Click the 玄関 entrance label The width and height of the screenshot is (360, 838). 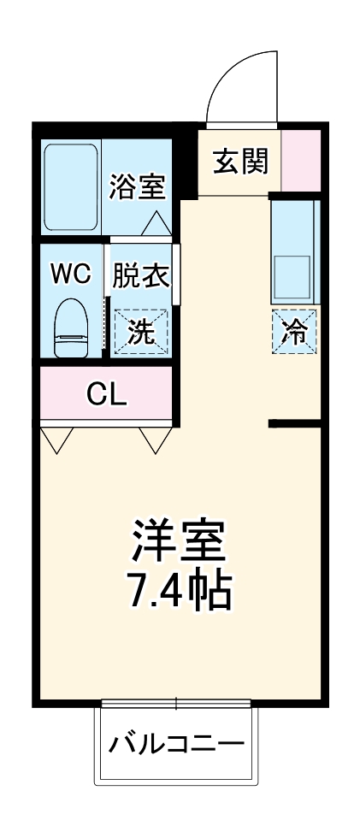pos(240,161)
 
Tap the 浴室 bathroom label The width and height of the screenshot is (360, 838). pos(137,186)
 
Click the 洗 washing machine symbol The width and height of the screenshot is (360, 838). pos(142,330)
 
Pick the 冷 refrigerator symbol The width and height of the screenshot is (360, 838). pos(294,331)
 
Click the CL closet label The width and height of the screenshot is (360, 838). pos(107,394)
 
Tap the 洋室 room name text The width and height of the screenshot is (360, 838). pos(179,540)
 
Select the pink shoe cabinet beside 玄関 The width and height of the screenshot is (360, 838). pos(300,161)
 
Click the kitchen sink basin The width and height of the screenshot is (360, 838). pos(294,274)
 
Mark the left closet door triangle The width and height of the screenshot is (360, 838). pos(57,439)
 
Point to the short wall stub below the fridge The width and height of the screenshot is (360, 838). pos(293,423)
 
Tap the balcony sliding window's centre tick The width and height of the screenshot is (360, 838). pos(177,705)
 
